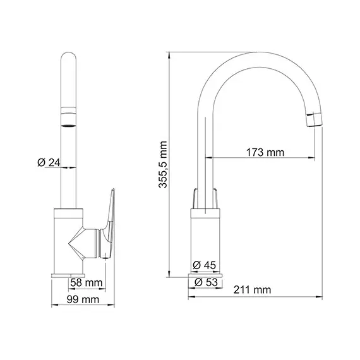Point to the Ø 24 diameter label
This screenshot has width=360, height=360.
click(x=49, y=163)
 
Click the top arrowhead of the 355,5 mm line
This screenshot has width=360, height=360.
click(x=169, y=54)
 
